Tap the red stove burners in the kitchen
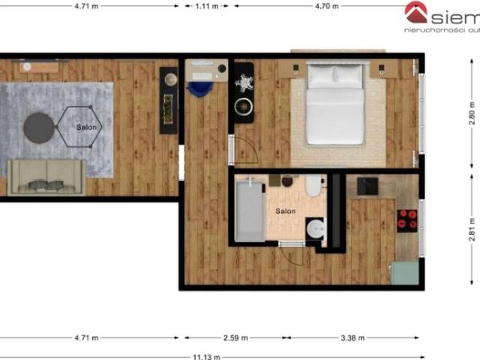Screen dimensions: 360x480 pyautogui.click(x=407, y=218)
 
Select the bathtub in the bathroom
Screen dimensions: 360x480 pyautogui.click(x=248, y=209)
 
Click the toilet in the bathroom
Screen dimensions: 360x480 pyautogui.click(x=313, y=184)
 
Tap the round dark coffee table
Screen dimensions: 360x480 pyautogui.click(x=38, y=127)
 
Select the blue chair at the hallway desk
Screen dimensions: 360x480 pyautogui.click(x=199, y=87)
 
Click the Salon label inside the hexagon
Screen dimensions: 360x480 pyautogui.click(x=86, y=127)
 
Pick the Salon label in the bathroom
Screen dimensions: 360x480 pyautogui.click(x=285, y=211)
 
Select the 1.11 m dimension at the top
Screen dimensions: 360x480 pyautogui.click(x=207, y=5)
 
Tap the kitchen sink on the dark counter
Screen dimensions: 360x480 pyautogui.click(x=368, y=185)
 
